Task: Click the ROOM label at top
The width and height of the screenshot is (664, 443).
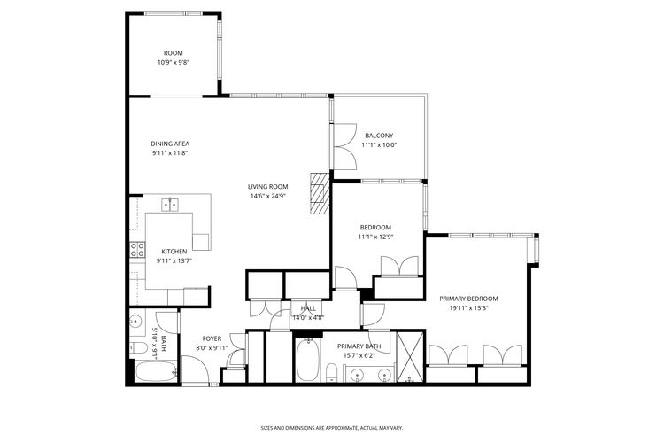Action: tap(173, 53)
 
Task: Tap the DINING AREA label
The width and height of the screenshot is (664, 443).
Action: tap(170, 144)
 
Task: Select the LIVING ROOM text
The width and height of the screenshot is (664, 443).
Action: tap(268, 186)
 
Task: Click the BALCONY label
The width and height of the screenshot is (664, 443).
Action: tap(379, 136)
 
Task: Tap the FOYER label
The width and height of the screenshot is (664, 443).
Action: tap(212, 338)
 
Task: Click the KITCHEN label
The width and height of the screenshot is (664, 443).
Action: tap(174, 252)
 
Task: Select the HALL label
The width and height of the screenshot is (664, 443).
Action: tap(308, 308)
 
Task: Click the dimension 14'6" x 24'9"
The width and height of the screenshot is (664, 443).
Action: tap(268, 196)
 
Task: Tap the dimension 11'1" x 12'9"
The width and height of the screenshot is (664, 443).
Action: tap(375, 237)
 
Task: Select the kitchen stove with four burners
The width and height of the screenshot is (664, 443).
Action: tap(137, 249)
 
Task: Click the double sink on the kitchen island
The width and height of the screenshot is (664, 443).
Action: tap(170, 205)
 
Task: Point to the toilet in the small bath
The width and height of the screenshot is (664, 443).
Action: tap(139, 346)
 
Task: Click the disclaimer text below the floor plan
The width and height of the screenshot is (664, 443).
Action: tap(331, 426)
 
